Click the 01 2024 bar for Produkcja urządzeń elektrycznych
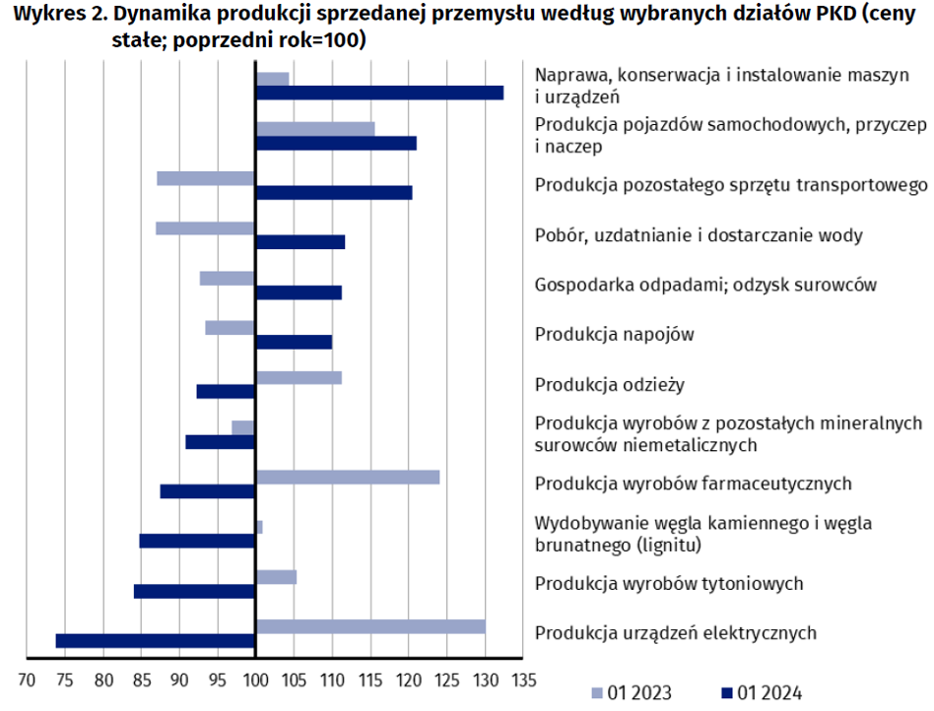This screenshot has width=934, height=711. tap(156, 641)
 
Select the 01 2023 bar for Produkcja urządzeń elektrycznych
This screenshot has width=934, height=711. tap(370, 626)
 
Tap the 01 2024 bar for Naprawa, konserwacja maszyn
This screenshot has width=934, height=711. tap(379, 93)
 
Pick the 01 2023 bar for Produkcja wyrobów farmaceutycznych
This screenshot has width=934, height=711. tap(348, 478)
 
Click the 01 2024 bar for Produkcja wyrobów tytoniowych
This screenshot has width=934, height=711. tap(195, 592)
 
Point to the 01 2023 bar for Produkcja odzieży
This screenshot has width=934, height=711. tap(299, 377)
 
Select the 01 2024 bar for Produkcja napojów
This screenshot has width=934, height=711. tap(294, 342)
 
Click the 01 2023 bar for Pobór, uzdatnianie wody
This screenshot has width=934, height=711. tap(205, 228)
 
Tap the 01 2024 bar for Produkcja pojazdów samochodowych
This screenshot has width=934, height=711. tap(336, 143)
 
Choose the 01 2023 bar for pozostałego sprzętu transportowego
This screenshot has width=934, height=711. tap(206, 178)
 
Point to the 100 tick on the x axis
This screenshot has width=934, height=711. tap(255, 679)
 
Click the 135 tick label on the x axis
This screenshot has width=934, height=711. tap(523, 679)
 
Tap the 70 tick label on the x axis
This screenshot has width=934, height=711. tap(27, 679)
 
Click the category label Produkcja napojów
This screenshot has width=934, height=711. tap(614, 334)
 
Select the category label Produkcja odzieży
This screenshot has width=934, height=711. tap(609, 384)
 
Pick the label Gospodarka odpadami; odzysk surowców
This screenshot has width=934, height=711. tap(705, 285)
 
